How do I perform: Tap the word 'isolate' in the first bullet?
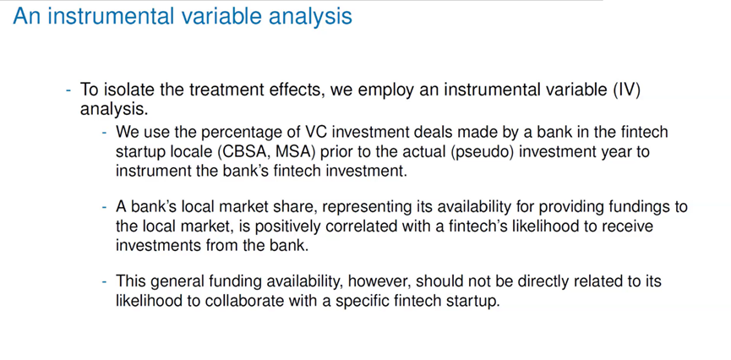pos(130,90)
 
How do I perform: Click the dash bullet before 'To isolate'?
pos(69,90)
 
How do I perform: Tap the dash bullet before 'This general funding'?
pos(106,281)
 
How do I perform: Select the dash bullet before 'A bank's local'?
pos(106,207)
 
